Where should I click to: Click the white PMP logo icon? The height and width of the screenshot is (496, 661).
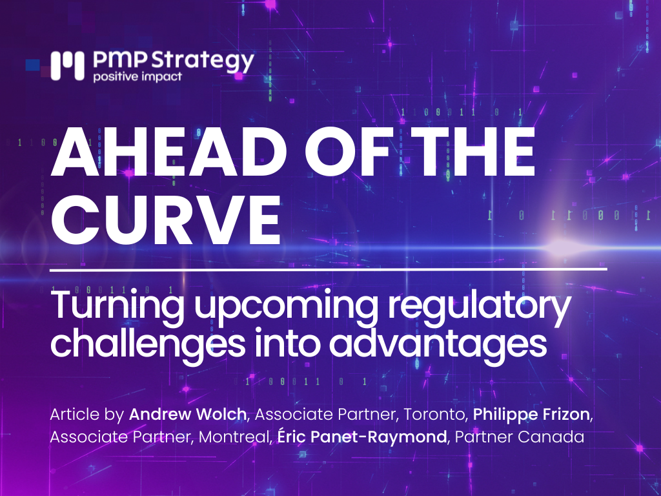[67, 66]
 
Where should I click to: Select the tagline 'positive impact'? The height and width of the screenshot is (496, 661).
[137, 77]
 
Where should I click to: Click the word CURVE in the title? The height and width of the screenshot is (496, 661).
[166, 220]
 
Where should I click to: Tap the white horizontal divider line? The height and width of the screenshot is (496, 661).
[329, 269]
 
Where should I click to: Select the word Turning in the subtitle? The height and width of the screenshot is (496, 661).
[117, 305]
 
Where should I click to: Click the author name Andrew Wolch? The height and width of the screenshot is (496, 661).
[188, 414]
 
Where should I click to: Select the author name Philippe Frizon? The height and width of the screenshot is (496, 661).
[531, 415]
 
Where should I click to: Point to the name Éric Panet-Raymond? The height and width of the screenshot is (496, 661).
[361, 437]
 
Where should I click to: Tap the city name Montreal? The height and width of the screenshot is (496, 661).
[233, 437]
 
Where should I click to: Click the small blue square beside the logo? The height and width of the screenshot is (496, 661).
[32, 65]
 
